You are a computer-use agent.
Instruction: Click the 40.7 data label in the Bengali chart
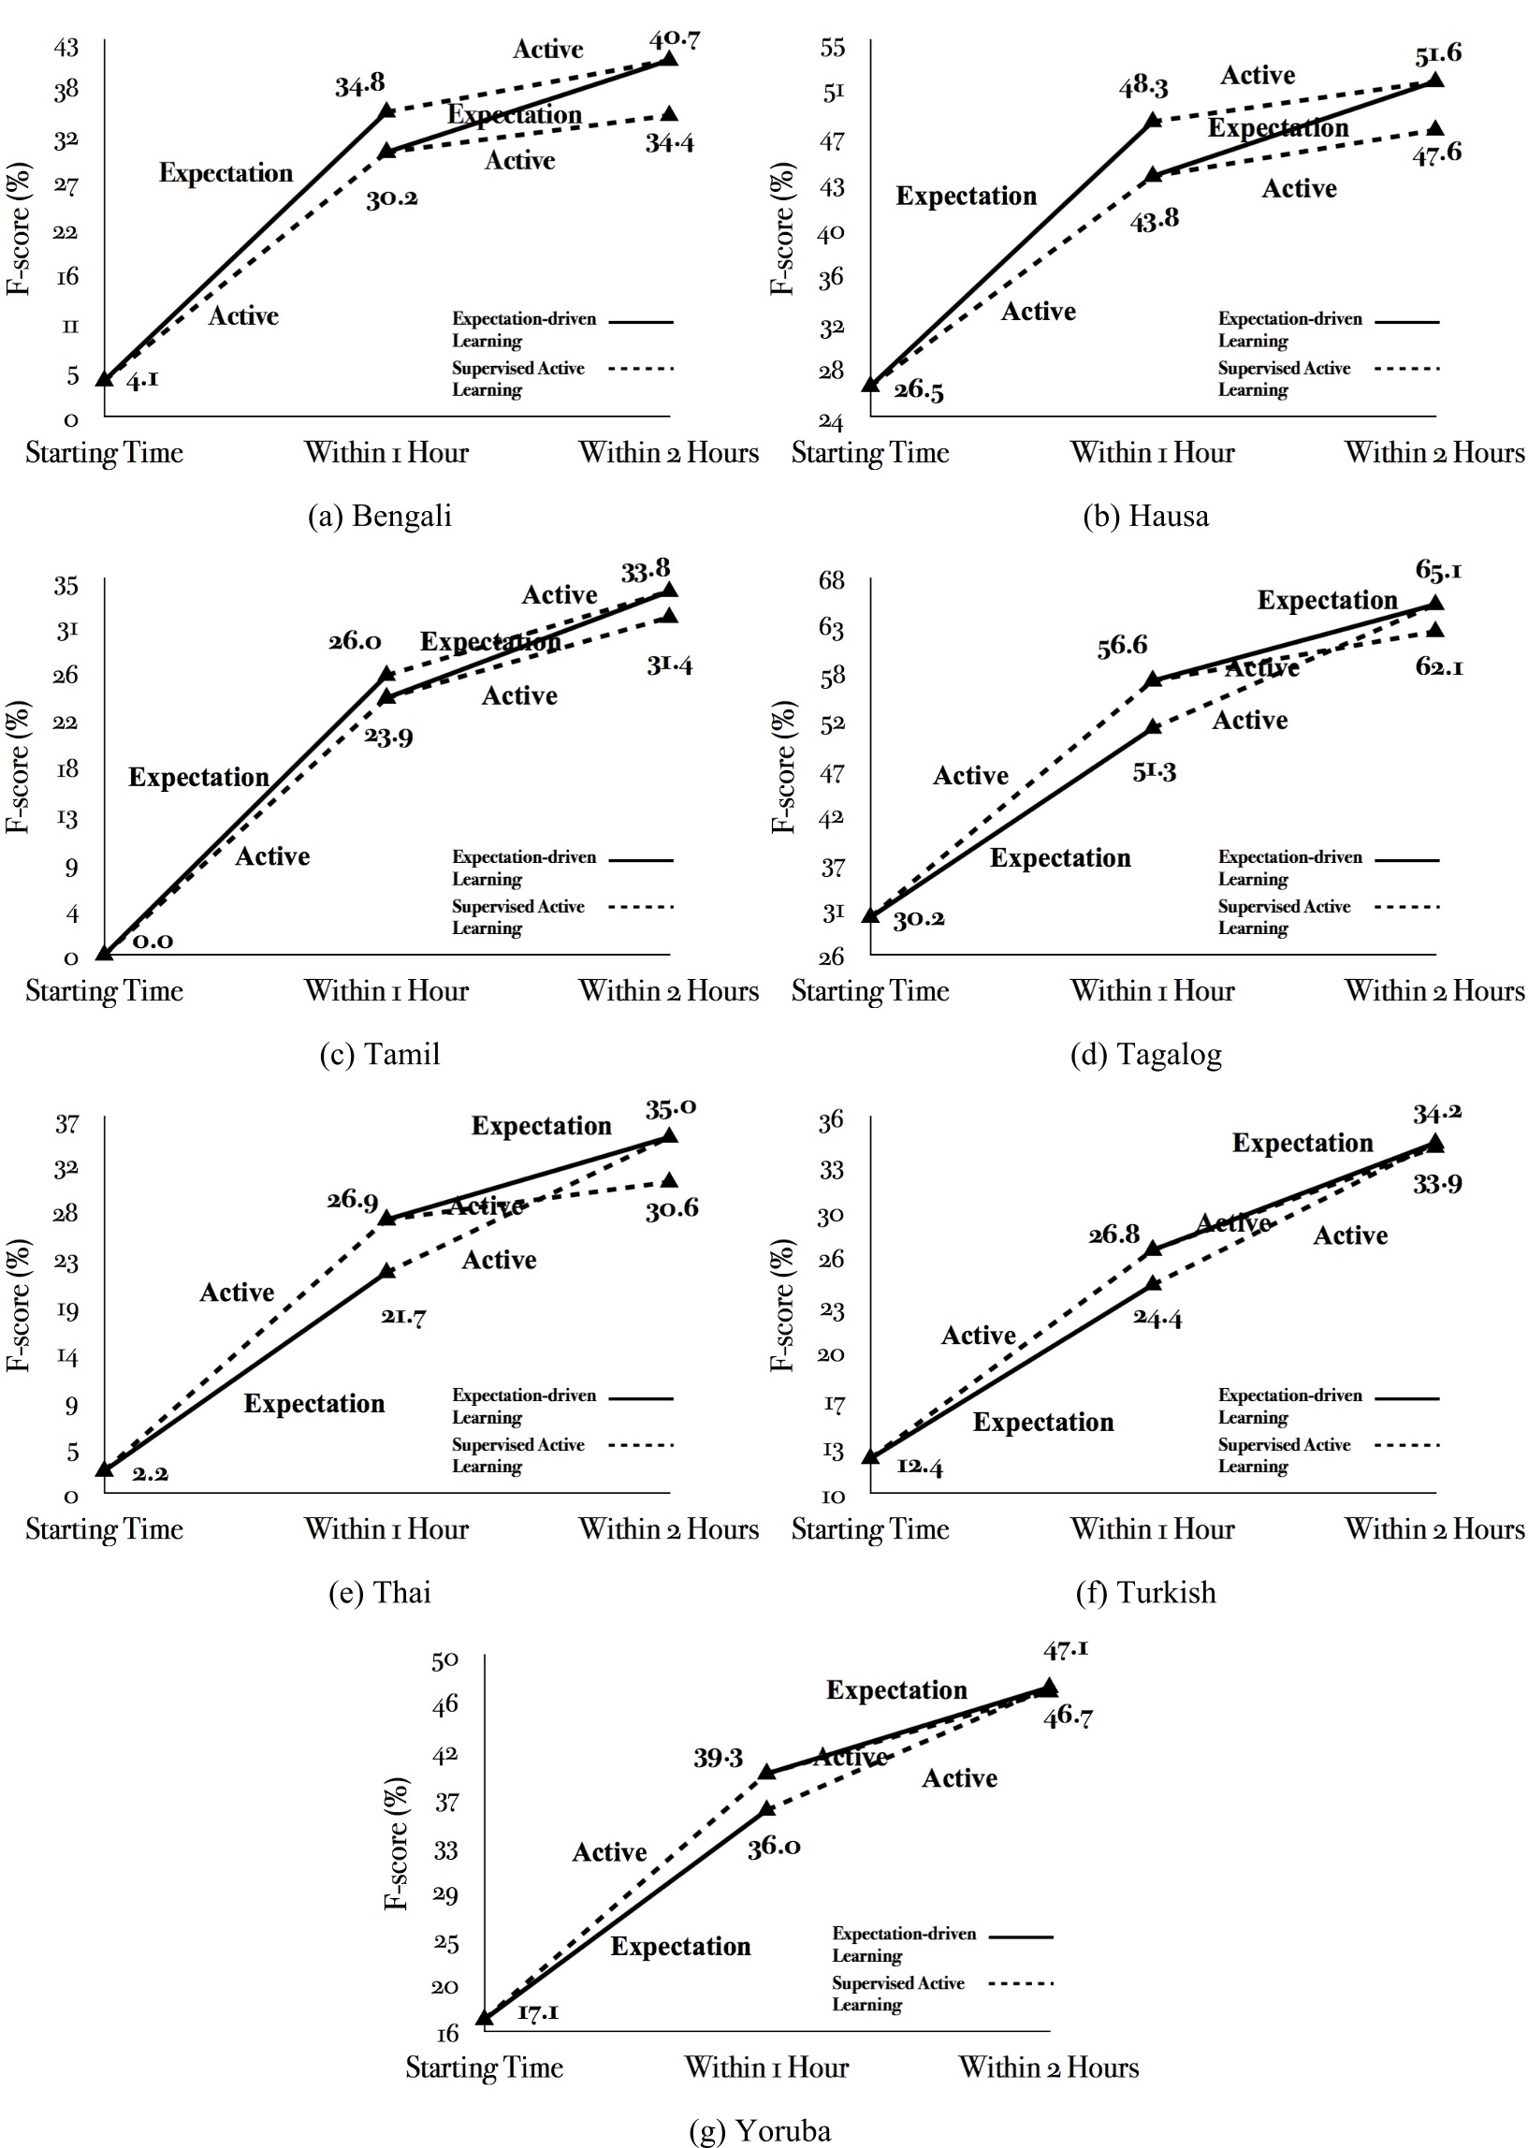[675, 40]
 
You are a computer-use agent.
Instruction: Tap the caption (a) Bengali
[380, 516]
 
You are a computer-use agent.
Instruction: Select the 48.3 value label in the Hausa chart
[1143, 87]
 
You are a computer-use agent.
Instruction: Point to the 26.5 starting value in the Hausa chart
[918, 389]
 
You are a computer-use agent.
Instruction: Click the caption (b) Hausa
[1145, 516]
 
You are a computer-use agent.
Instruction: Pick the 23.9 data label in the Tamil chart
[388, 736]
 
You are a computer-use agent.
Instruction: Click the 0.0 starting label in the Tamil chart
[153, 940]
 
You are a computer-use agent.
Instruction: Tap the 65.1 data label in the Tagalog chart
[1437, 570]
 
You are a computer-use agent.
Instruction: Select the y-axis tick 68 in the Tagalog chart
[832, 580]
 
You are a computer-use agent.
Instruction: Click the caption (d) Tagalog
[1145, 1054]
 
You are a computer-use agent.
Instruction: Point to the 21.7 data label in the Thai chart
[402, 1315]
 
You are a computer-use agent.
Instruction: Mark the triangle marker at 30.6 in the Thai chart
[670, 1181]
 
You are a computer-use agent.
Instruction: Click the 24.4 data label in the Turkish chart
[1157, 1317]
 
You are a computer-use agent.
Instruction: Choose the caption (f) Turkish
[1145, 1592]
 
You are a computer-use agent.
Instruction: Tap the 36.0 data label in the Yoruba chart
[774, 1846]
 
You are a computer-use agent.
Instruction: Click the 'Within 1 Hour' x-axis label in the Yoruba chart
[766, 2068]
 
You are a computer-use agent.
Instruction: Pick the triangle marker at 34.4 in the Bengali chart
[669, 114]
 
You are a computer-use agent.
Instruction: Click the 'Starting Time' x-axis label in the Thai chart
[105, 1529]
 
